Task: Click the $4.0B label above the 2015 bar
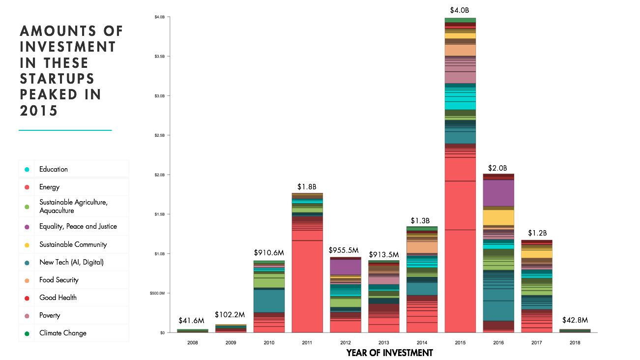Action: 460,10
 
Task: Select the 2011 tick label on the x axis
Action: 307,342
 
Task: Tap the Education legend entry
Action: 54,169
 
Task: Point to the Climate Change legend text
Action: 63,333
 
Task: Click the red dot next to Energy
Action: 27,187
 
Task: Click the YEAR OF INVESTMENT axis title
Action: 389,353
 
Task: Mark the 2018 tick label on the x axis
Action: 575,342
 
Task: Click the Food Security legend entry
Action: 59,280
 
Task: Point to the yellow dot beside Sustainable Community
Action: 27,245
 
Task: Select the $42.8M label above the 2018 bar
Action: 575,320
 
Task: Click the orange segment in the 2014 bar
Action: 422,247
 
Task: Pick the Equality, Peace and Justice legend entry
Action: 78,227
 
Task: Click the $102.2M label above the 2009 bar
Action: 230,315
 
